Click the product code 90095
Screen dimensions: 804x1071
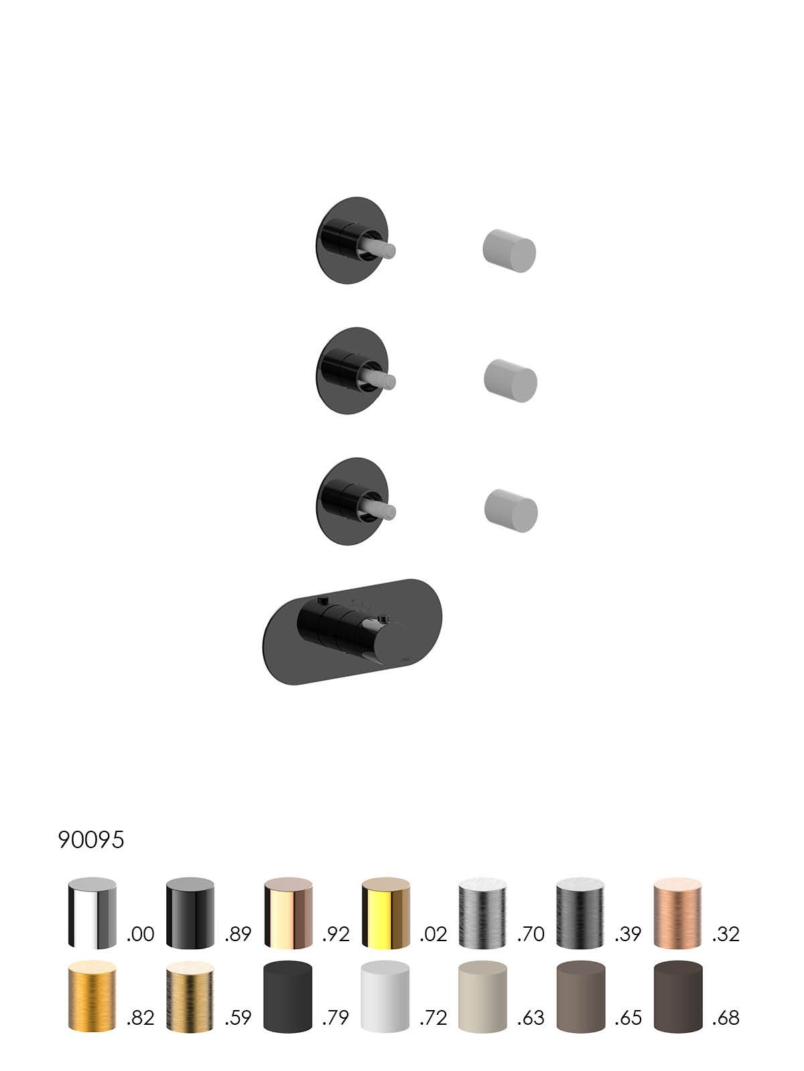click(91, 839)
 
